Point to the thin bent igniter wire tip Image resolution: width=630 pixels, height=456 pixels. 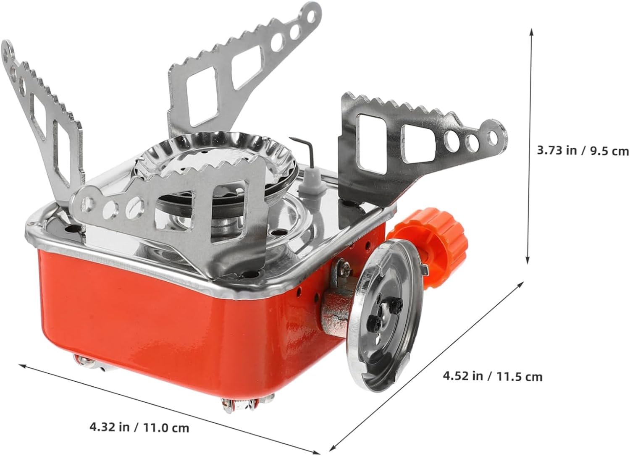click(291, 139)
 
